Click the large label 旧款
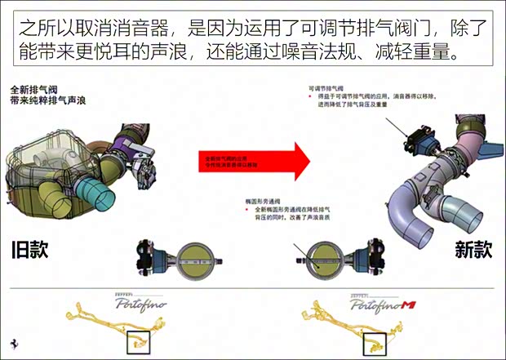pyautogui.click(x=30, y=250)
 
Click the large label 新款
pyautogui.click(x=473, y=250)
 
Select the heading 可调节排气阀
pyautogui.click(x=327, y=87)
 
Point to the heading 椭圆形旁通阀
pyautogui.click(x=255, y=201)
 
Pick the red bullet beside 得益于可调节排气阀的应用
pyautogui.click(x=309, y=97)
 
